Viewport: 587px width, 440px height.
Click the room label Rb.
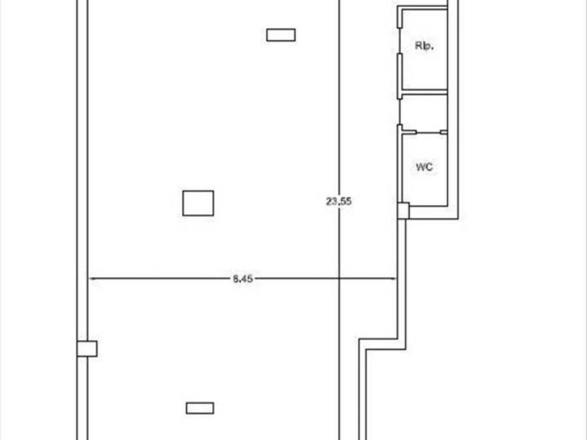pos(424,46)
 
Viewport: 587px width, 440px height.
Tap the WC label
pos(424,167)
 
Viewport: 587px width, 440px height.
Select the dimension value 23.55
pos(339,201)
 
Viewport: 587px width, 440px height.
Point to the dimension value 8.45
pos(242,279)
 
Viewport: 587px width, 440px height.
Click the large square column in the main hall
pos(198,203)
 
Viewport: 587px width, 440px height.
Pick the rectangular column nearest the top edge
pos(281,35)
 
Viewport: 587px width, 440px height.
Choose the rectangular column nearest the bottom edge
pos(200,408)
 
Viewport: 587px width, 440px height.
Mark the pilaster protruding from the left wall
pos(87,348)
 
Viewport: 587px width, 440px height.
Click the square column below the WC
pos(403,211)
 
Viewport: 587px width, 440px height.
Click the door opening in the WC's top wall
pos(428,132)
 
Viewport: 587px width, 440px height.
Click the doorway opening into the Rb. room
pos(400,41)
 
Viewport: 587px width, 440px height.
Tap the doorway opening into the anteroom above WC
pos(400,112)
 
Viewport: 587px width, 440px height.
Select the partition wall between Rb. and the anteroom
pos(425,92)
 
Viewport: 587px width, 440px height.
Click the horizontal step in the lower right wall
pos(382,344)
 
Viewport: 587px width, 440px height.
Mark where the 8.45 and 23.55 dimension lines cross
pos(339,279)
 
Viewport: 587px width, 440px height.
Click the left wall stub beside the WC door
pos(409,132)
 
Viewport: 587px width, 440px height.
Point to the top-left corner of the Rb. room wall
pos(398,6)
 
